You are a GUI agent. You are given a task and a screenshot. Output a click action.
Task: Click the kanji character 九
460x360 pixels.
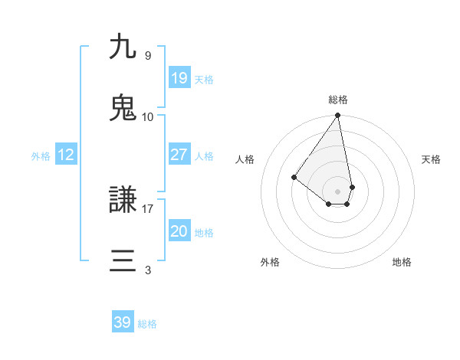123,47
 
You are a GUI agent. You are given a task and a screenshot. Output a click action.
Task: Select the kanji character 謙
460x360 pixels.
123,201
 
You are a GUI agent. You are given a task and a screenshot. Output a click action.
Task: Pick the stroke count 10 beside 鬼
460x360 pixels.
148,116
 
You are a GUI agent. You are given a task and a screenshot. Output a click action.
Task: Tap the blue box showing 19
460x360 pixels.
179,78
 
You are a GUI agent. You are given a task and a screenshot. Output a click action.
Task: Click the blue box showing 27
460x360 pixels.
179,155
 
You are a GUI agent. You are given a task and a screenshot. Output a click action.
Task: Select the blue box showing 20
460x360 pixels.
179,231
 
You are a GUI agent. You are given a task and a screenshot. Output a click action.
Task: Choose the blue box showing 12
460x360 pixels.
66,155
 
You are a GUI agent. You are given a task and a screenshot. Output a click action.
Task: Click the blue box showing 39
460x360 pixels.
123,322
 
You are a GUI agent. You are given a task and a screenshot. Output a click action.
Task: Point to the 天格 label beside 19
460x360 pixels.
204,80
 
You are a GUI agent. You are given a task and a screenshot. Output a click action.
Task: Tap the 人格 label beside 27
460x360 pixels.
204,156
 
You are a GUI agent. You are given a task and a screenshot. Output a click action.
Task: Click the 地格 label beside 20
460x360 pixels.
204,233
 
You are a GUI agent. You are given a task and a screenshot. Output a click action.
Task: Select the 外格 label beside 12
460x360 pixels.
41,156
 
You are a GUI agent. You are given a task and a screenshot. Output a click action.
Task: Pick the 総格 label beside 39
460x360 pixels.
147,324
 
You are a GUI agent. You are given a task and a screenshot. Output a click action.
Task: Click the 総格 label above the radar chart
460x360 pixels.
338,100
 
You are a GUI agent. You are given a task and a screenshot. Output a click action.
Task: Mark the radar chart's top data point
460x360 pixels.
338,116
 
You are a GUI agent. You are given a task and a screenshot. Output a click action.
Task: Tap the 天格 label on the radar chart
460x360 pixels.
432,159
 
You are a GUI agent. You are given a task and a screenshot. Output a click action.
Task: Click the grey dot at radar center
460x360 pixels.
338,191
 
